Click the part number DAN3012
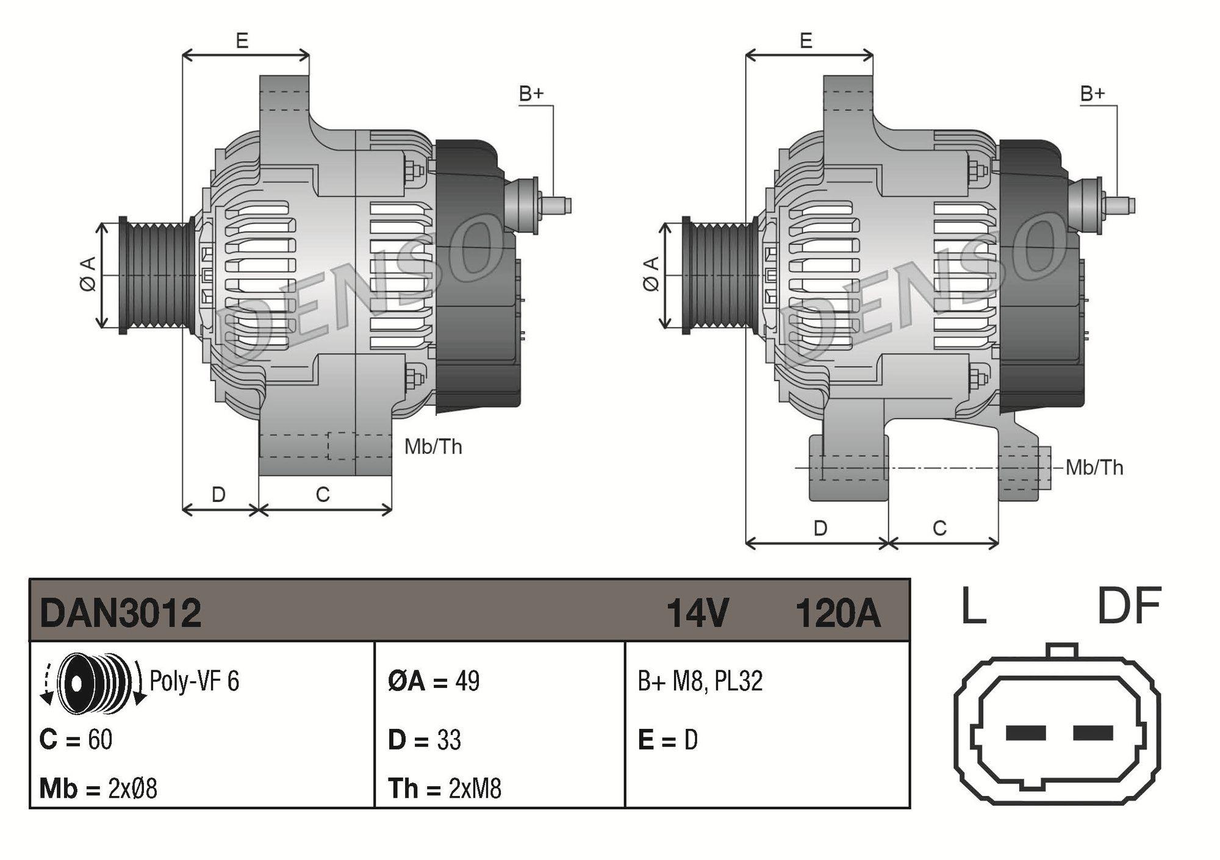120,613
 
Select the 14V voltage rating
697,613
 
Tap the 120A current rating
838,613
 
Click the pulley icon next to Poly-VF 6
91,683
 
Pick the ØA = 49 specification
434,681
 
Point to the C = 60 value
76,739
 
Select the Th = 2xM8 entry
444,789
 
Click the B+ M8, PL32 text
700,681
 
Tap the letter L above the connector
973,606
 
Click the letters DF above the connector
1129,606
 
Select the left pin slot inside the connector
1025,733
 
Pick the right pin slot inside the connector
1093,733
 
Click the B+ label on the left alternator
531,94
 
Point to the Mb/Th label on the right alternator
1094,468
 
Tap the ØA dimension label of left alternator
88,274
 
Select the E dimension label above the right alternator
806,41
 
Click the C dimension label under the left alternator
323,494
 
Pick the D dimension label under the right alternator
820,528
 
